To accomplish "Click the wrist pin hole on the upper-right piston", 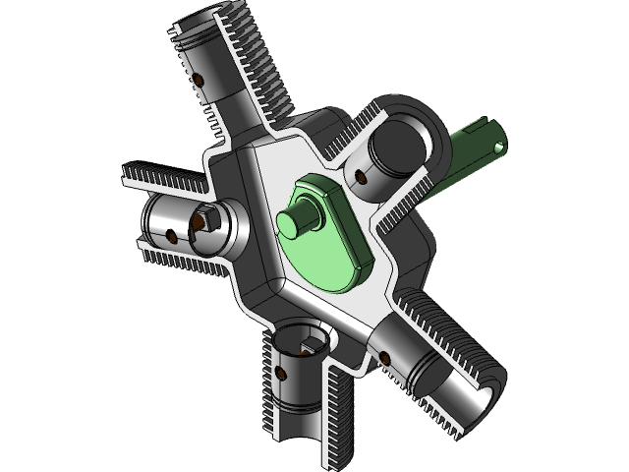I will (360, 176).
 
